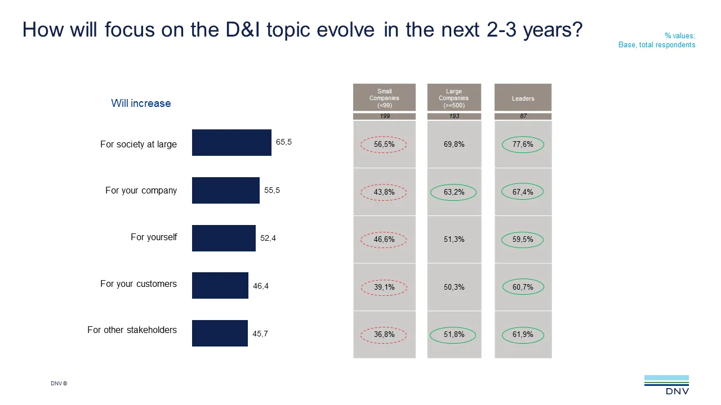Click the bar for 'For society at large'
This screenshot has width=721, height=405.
point(232,143)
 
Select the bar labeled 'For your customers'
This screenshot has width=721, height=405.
point(220,285)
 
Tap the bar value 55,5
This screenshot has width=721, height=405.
point(272,191)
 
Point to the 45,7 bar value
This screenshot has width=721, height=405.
point(260,334)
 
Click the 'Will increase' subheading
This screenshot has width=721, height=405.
point(141,103)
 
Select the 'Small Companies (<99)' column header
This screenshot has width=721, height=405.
point(384,97)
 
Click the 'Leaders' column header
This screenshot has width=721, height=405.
point(523,98)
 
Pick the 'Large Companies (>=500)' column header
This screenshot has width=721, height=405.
point(454,97)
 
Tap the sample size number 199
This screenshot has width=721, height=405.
point(384,116)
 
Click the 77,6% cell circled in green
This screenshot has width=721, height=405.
point(523,145)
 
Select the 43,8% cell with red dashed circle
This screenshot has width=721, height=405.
point(384,192)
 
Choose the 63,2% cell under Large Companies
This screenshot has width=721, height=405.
point(454,192)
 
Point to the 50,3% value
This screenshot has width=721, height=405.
point(454,287)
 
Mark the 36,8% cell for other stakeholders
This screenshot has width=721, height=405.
point(384,335)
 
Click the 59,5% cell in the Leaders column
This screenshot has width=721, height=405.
point(523,240)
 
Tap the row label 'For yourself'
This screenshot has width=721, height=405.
point(154,237)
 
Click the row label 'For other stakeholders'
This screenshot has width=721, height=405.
point(132,330)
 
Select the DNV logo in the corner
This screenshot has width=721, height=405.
point(666,385)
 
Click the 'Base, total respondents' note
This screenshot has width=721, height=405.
point(657,45)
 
